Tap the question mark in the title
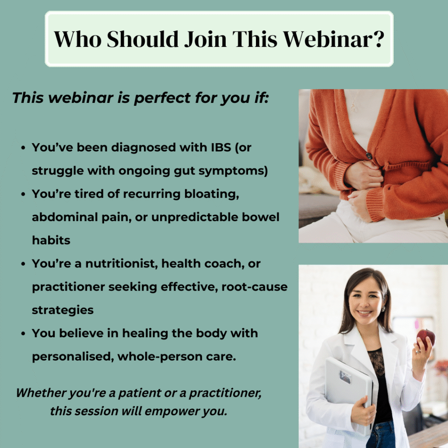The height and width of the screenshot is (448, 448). tap(378, 39)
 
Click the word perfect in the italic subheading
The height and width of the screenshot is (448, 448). tap(162, 98)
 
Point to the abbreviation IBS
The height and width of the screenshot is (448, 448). tap(221, 147)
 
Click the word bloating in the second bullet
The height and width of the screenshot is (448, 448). tap(211, 194)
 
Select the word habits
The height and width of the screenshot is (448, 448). tap(51, 240)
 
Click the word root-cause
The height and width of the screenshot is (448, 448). tap(254, 287)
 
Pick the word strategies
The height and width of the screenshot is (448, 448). tap(63, 310)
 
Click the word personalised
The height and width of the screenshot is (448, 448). tap(73, 357)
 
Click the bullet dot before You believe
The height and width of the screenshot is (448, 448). tap(23, 334)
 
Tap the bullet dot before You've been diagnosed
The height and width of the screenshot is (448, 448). tap(23, 148)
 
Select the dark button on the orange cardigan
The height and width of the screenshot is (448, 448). tap(369, 156)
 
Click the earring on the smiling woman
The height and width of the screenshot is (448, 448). tap(383, 308)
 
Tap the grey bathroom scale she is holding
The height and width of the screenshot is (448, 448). tap(349, 392)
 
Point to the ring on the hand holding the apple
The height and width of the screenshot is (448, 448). tap(418, 351)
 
